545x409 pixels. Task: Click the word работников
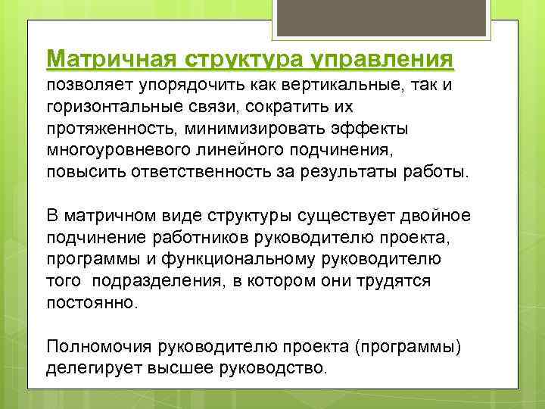click(x=193, y=238)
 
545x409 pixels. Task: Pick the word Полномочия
click(x=99, y=348)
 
